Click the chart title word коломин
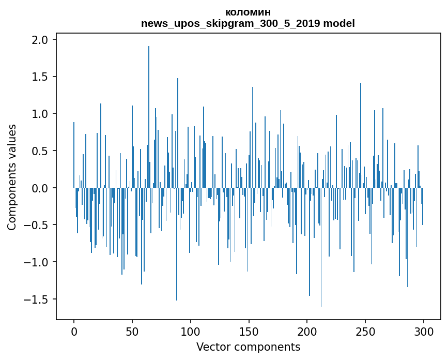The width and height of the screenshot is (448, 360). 248,12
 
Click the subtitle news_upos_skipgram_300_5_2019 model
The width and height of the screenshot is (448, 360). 248,23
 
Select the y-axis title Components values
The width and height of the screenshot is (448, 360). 12,177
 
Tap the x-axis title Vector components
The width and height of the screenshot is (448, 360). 248,347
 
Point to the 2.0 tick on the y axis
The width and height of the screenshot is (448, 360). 40,40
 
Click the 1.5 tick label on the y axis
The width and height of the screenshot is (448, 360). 40,77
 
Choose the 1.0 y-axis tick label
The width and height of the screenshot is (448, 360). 40,114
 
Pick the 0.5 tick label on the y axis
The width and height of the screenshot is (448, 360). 40,151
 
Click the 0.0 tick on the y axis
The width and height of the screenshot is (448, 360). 40,188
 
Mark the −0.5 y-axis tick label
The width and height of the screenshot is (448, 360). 37,225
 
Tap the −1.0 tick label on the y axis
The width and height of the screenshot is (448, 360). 37,262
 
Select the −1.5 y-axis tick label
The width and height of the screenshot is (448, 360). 37,299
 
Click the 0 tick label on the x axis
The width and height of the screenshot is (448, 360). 74,331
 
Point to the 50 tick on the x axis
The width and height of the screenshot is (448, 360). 132,331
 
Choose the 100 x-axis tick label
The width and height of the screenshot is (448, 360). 191,331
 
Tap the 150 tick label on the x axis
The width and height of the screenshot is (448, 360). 249,331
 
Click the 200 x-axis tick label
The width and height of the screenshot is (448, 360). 307,331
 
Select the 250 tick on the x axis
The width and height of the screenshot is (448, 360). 365,331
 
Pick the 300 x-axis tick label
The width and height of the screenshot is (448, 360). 423,331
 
